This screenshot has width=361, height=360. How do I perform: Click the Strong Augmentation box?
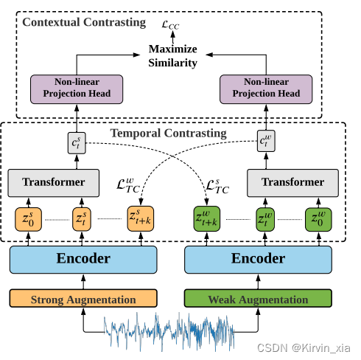[x=83, y=299]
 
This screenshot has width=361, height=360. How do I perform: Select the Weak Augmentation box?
[x=258, y=299]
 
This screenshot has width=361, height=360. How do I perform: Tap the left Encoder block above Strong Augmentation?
[x=83, y=259]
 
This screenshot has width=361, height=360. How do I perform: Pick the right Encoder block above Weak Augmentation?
[x=258, y=259]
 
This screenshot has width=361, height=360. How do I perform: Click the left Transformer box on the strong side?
[x=53, y=182]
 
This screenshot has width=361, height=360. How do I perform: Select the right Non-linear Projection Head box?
[x=267, y=88]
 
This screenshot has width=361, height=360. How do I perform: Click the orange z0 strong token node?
[x=28, y=219]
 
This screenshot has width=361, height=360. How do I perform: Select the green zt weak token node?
[x=264, y=219]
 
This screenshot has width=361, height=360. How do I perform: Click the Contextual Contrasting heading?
[x=84, y=22]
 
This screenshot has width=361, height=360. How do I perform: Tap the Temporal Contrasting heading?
[x=168, y=134]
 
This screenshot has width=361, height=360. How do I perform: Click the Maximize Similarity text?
[x=173, y=56]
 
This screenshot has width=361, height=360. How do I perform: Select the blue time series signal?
[x=169, y=333]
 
